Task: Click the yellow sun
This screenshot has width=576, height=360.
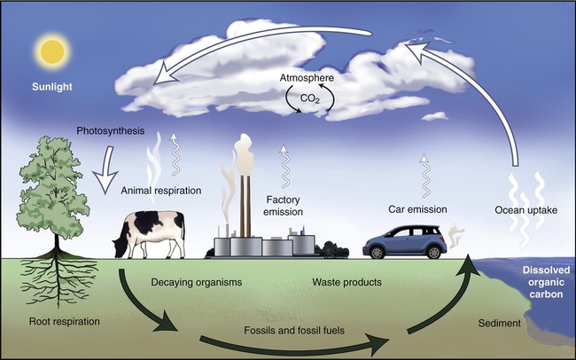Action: pos(52,51)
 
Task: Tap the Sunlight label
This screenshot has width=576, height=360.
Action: pos(52,87)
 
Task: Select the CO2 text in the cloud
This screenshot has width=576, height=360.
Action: pos(310,99)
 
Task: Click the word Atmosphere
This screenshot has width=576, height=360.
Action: pos(307,78)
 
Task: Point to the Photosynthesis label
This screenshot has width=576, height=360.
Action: pos(111,131)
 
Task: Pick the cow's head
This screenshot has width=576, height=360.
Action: pos(121,247)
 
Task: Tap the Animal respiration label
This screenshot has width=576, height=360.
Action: pos(161,191)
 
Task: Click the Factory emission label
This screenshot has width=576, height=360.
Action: pos(283,206)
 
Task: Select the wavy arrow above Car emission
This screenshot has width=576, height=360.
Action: pos(425,176)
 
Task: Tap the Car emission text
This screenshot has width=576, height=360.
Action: pos(417,209)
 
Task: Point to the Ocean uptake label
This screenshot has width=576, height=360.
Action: pos(526,210)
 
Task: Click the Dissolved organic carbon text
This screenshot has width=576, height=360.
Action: pos(546,282)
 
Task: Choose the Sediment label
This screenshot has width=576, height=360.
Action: pos(500,324)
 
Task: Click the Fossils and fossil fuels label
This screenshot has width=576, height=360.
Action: pos(294,330)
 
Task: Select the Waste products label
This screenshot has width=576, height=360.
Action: pos(347,282)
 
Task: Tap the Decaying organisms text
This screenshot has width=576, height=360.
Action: pos(197,282)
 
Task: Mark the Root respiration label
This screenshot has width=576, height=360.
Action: pos(65,321)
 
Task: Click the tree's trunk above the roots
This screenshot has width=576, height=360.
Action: pos(57,243)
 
